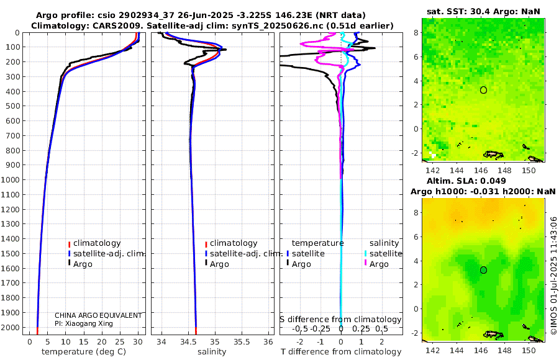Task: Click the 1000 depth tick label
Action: coord(12,180)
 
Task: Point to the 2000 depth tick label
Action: coord(12,328)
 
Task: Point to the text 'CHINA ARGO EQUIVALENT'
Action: coord(98,315)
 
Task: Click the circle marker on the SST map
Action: coord(483,90)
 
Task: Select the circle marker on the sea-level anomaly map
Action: coord(483,270)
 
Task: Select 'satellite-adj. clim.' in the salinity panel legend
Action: coord(247,254)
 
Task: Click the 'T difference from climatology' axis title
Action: coord(340,352)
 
